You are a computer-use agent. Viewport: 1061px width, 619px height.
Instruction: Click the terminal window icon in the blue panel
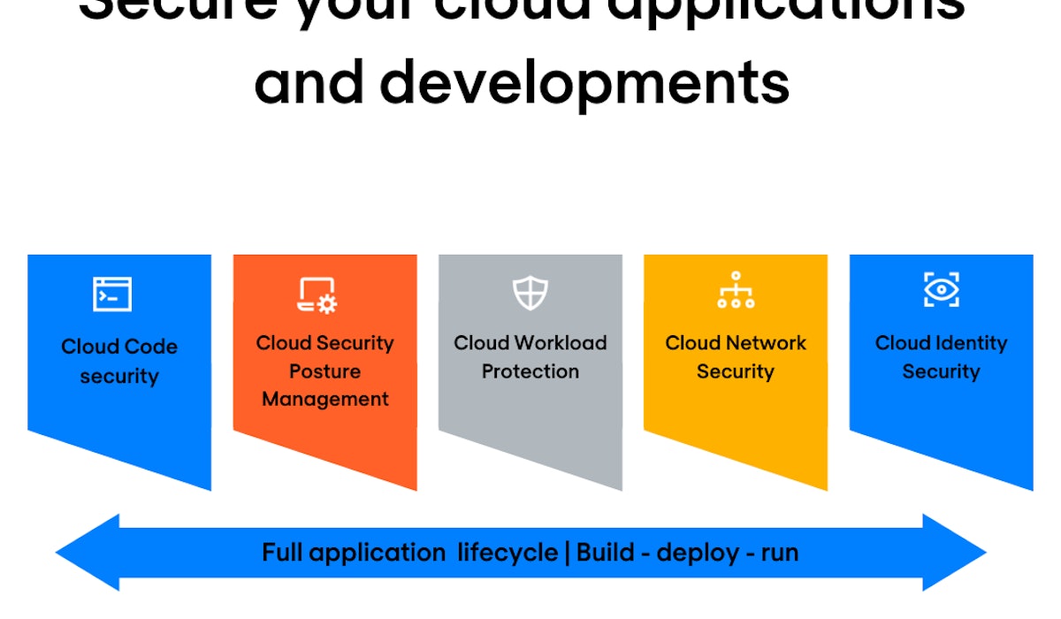pos(112,294)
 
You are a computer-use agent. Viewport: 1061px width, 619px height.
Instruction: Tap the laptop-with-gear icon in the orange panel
pos(317,295)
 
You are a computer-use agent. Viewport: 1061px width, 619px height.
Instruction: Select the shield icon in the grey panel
pos(530,293)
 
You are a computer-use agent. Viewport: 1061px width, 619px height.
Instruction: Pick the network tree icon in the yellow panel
pos(736,290)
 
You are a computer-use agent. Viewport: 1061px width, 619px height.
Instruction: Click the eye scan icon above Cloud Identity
pos(941,290)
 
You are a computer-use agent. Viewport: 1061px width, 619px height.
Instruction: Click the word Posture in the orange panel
pos(324,371)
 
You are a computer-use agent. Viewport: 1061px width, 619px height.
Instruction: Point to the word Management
pos(324,400)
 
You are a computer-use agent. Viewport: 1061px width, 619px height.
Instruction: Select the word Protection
pos(530,371)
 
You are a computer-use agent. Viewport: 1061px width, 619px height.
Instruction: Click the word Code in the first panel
pos(149,347)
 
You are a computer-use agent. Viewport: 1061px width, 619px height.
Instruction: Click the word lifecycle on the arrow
pos(507,554)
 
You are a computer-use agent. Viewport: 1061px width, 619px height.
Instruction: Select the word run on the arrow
pos(778,554)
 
